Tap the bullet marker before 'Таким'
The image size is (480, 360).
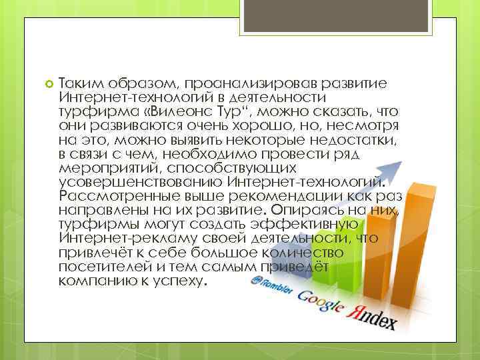point(47,85)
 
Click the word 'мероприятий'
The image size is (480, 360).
point(101,168)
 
